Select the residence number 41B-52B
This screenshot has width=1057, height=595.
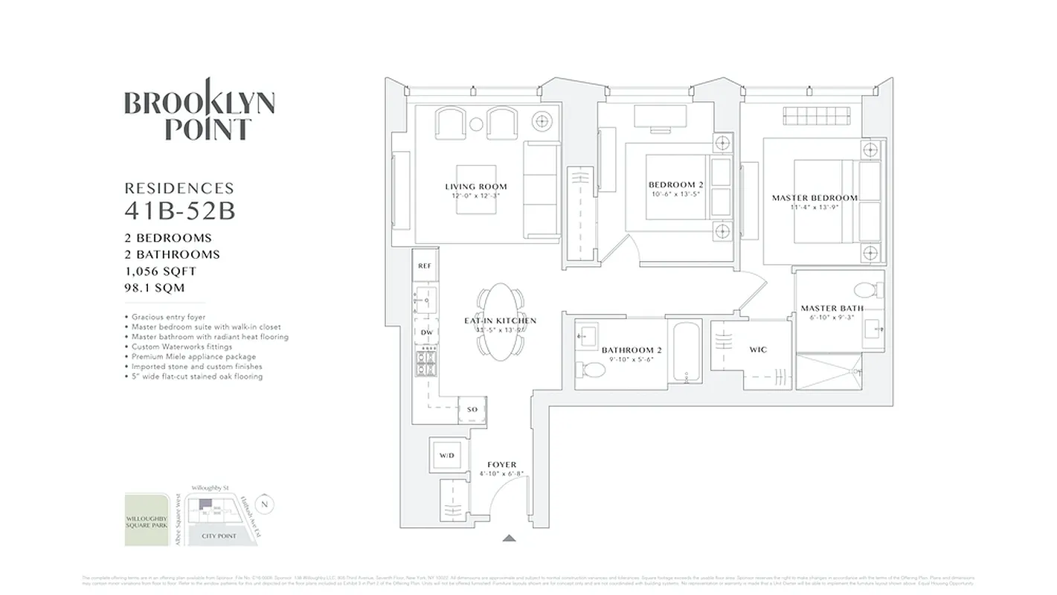click(179, 211)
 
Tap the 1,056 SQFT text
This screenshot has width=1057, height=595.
click(160, 271)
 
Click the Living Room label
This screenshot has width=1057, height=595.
click(476, 187)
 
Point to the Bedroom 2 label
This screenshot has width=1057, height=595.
click(675, 185)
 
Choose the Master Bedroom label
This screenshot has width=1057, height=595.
click(815, 198)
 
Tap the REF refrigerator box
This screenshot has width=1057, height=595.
click(425, 266)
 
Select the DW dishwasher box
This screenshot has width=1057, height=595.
click(426, 332)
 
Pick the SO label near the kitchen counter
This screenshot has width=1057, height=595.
click(472, 410)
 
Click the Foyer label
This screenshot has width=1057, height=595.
click(501, 465)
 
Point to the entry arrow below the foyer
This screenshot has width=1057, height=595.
click(509, 537)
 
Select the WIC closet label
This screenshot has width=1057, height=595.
click(758, 350)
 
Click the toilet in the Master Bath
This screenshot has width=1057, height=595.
click(864, 290)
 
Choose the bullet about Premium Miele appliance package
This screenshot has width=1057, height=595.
click(190, 356)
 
